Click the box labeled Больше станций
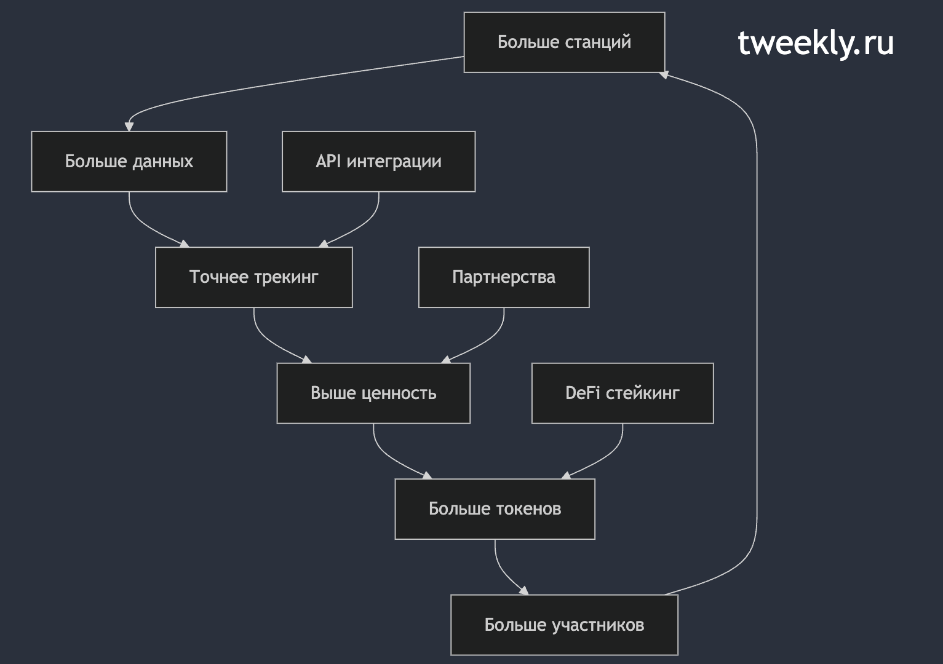[564, 42]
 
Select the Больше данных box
[129, 162]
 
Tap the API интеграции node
[378, 162]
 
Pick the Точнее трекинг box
[254, 277]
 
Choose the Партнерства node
[504, 277]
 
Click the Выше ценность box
[373, 393]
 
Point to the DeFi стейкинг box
[623, 393]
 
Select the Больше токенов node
[495, 509]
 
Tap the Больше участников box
[564, 625]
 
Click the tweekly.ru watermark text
[816, 43]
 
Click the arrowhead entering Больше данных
[129, 127]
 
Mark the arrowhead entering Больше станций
[664, 75]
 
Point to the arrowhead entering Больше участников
[523, 590]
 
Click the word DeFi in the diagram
[582, 393]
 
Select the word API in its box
[328, 161]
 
